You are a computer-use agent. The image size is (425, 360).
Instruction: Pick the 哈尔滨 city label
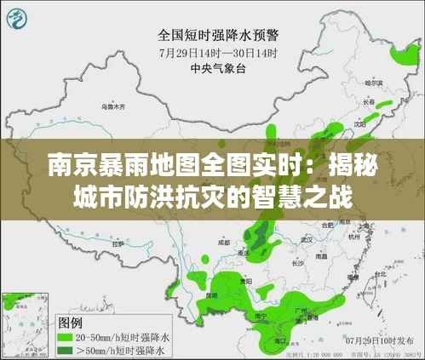coord(374,83)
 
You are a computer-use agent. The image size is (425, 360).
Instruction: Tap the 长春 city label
coord(368,101)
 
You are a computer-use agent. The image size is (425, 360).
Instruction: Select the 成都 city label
coord(223,242)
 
